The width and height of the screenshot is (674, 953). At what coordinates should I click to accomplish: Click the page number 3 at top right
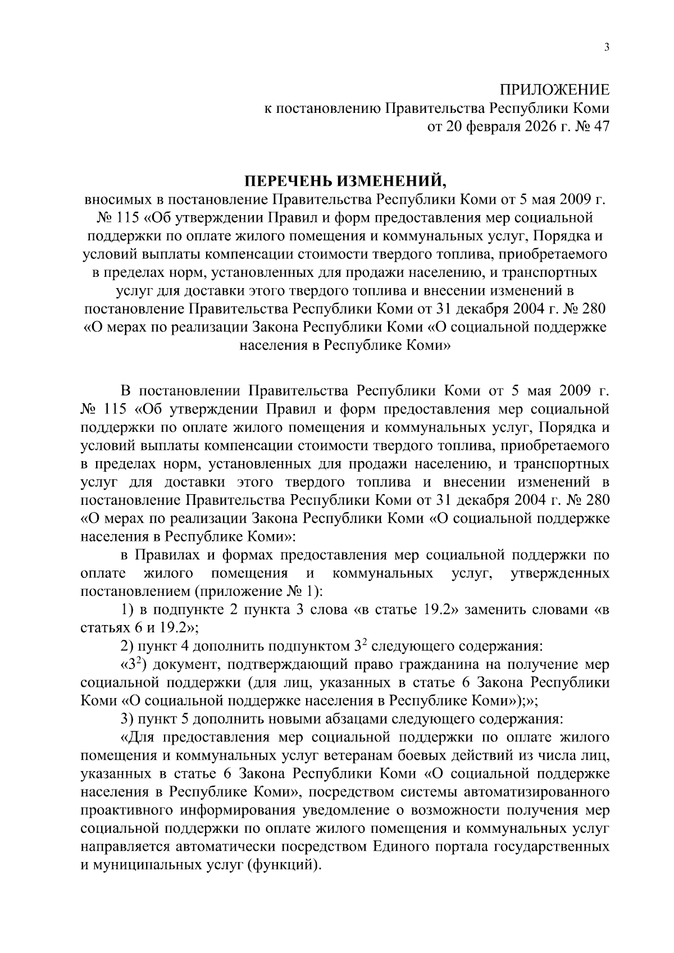pos(606,48)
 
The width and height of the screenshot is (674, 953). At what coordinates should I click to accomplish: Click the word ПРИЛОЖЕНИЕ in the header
pos(554,90)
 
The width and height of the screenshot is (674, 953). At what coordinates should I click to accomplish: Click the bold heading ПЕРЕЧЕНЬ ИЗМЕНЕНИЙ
pos(344,181)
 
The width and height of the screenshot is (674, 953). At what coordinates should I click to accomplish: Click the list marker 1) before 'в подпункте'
pos(127,610)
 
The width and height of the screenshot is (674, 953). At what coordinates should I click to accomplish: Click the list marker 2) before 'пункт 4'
pos(127,646)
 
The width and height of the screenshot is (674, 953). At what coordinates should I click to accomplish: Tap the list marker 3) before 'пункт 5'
pos(127,719)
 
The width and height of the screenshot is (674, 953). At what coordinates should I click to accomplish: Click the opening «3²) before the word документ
pos(134,664)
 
